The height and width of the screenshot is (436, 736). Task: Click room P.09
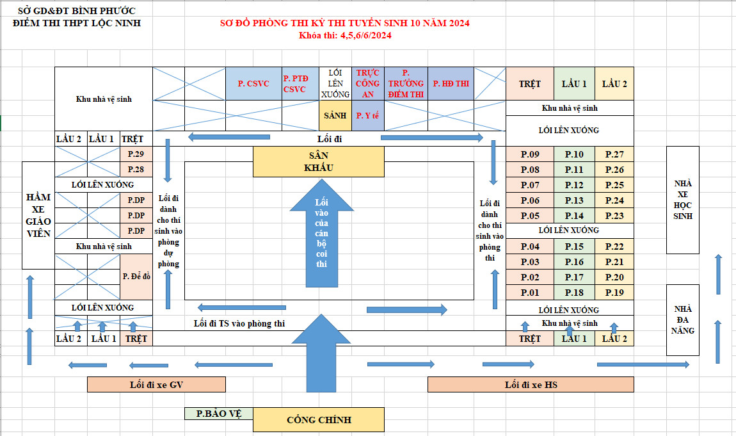click(530, 154)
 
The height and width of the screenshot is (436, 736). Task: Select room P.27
click(614, 154)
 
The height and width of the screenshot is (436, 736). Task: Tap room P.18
click(574, 293)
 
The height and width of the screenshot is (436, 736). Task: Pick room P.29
click(136, 154)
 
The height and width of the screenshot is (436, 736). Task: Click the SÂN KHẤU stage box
click(318, 161)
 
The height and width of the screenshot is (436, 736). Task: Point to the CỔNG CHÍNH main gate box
click(319, 420)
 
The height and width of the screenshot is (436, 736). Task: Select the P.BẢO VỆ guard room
click(218, 414)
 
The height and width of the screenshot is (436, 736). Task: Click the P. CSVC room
click(253, 83)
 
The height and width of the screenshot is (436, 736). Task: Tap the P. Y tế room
click(367, 116)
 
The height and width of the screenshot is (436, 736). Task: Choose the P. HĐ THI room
click(451, 83)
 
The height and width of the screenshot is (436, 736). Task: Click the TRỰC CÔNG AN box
click(367, 83)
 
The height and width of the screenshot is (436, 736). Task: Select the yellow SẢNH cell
click(335, 116)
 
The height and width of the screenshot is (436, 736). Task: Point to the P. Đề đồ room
click(136, 277)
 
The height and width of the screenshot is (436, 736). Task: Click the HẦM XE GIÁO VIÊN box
click(38, 215)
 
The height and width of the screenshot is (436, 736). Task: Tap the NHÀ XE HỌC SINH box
click(683, 200)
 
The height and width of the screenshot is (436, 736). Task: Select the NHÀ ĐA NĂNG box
click(683, 319)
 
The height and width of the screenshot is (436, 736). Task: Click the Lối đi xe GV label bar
click(156, 384)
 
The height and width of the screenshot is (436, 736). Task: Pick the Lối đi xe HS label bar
click(530, 384)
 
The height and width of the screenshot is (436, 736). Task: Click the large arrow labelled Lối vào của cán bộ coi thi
click(321, 237)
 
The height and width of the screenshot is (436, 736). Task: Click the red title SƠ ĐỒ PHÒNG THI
click(344, 24)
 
